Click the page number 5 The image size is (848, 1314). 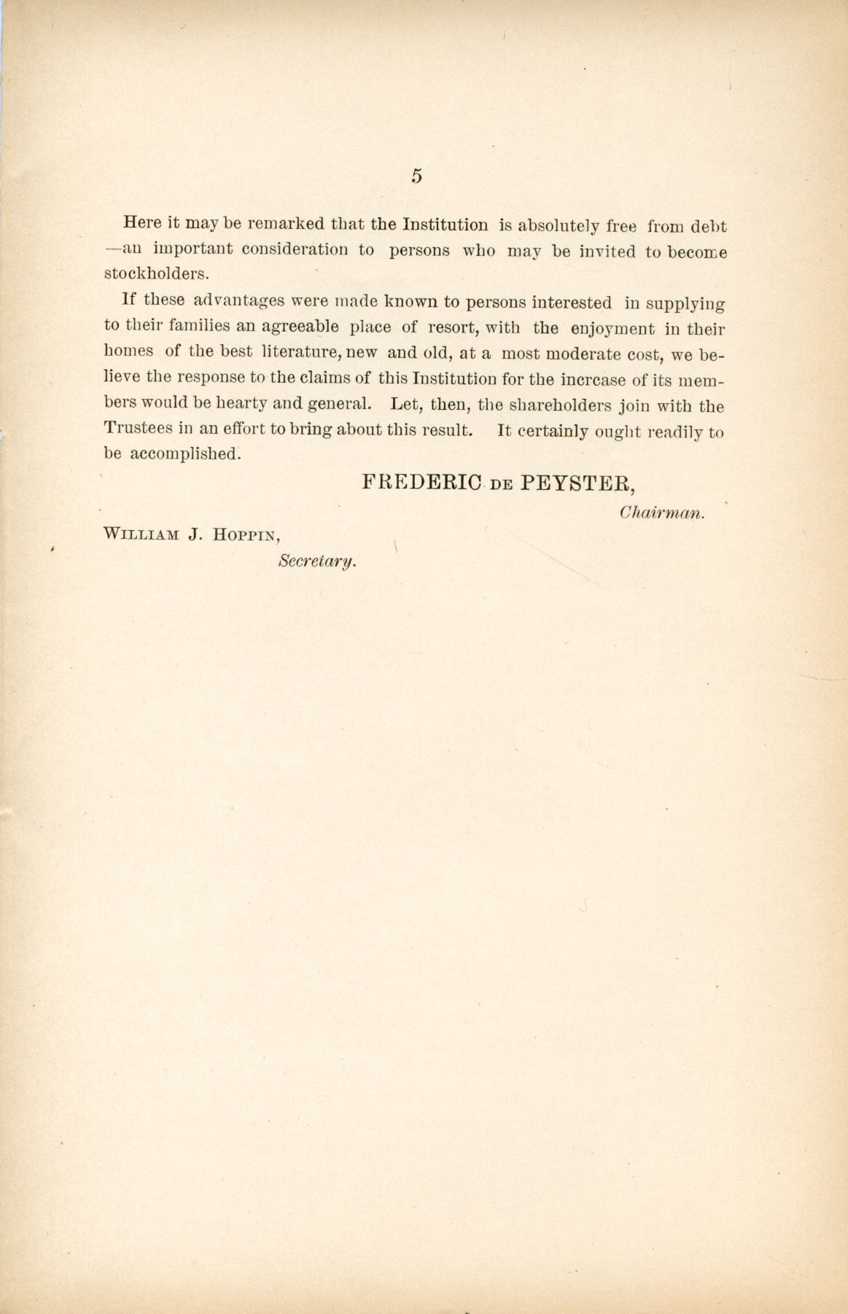[416, 176]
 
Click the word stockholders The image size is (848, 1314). [155, 274]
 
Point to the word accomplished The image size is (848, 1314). [185, 453]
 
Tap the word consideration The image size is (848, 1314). [295, 249]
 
